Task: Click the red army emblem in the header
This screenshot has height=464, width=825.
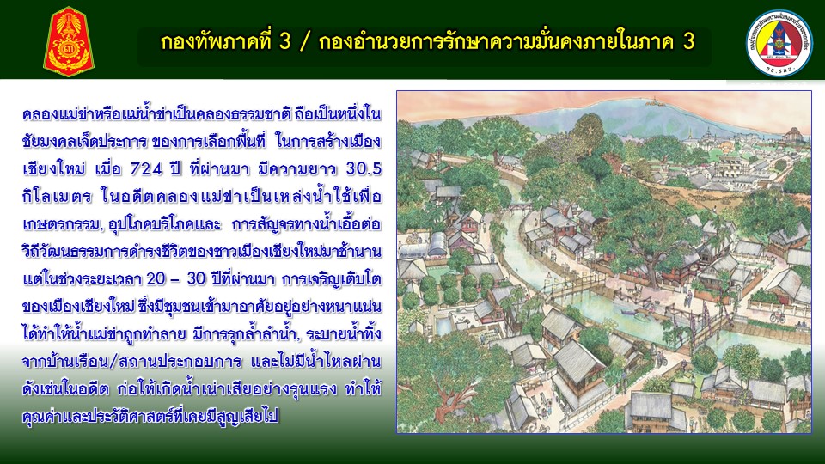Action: (x=69, y=41)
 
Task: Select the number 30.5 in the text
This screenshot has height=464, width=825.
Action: (x=364, y=169)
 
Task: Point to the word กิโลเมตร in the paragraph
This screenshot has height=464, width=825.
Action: (x=57, y=198)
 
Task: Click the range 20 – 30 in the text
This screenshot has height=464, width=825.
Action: (x=175, y=278)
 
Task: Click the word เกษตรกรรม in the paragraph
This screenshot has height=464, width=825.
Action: (x=61, y=225)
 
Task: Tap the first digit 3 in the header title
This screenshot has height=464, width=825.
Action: (x=284, y=42)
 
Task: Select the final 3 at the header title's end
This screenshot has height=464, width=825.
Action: (x=689, y=42)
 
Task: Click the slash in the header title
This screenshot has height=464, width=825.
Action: (x=303, y=42)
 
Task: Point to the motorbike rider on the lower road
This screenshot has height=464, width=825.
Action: (x=662, y=360)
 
